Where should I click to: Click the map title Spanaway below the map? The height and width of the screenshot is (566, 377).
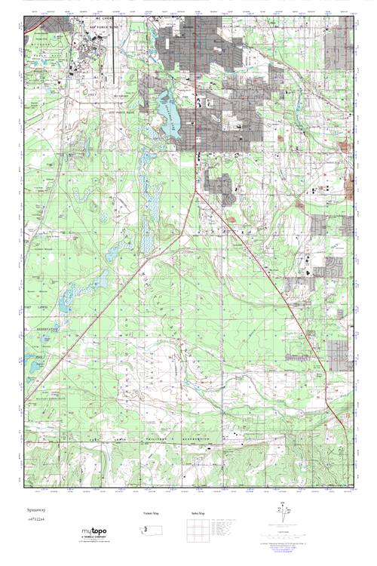(35, 511)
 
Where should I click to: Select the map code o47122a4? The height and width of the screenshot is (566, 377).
(36, 520)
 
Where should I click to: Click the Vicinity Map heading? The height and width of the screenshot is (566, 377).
(151, 513)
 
